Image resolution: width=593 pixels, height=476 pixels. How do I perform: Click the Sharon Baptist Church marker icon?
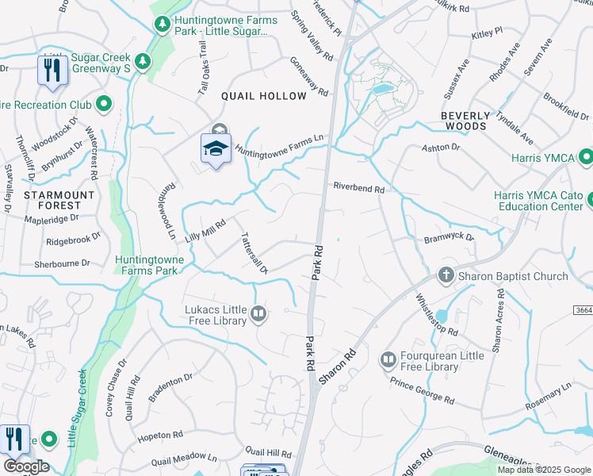[446, 276]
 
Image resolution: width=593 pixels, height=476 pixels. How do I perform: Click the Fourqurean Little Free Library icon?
[388, 360]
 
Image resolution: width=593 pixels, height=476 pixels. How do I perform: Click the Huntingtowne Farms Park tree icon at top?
[162, 25]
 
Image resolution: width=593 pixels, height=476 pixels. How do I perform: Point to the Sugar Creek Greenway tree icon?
[143, 61]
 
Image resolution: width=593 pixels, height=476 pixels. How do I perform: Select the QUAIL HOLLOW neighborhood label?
[264, 96]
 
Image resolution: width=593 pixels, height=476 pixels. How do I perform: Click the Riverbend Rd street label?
[358, 190]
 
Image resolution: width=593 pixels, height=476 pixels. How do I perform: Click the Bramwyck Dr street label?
[448, 237]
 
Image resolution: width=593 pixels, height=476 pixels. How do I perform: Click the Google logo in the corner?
[25, 466]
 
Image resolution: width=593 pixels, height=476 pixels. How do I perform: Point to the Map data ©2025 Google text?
[543, 470]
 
